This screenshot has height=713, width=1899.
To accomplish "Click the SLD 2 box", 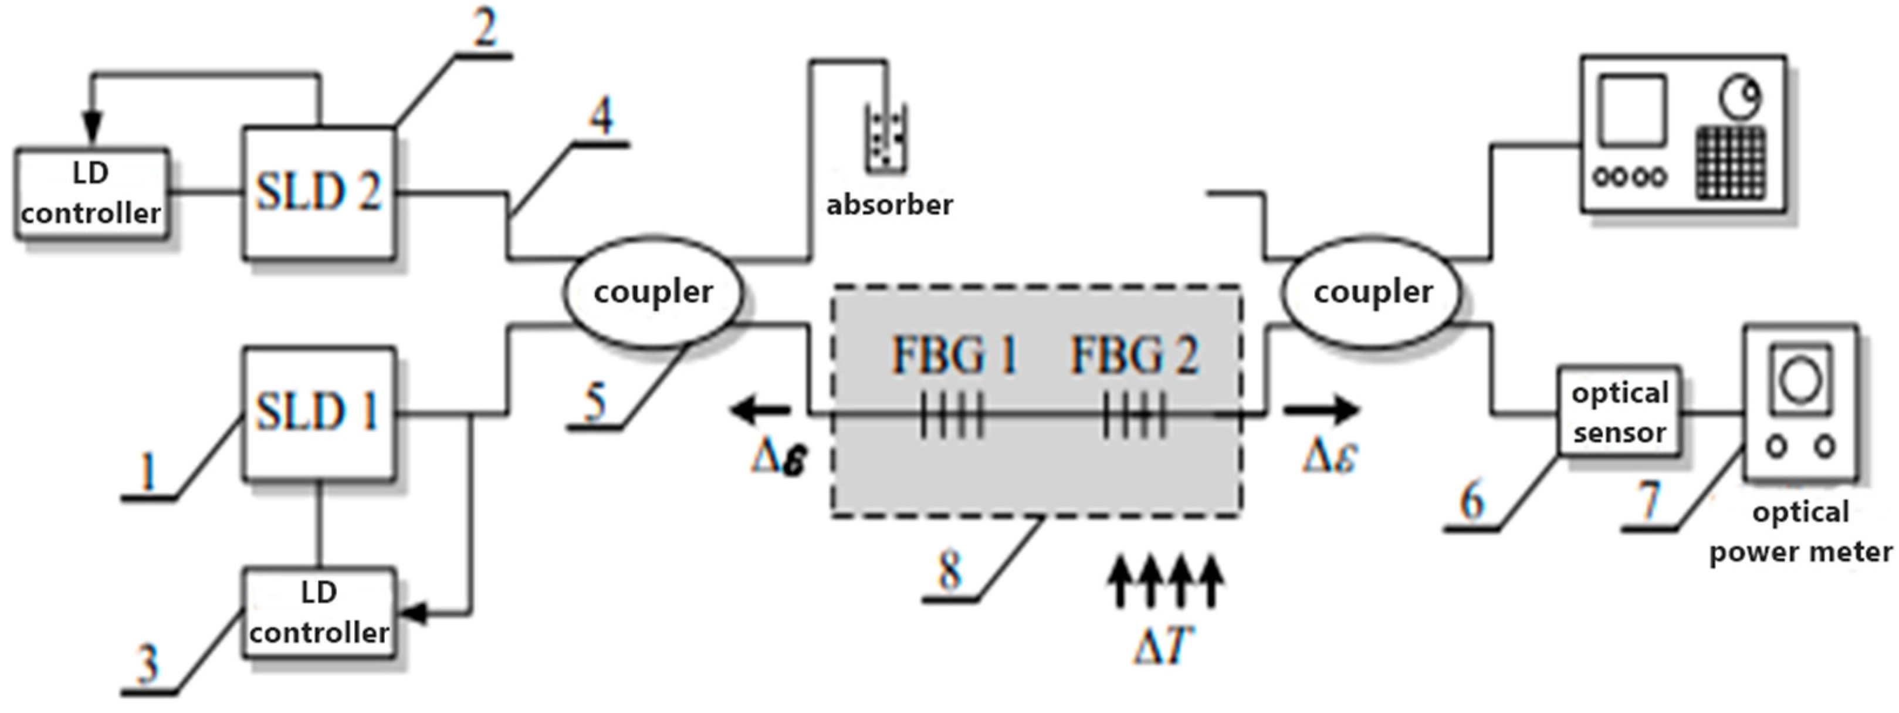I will [319, 193].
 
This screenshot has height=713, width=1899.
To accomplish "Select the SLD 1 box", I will [319, 413].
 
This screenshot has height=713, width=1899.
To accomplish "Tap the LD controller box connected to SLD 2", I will [91, 193].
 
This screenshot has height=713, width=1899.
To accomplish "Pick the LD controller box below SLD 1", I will [319, 612].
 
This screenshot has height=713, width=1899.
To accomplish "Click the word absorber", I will [889, 204].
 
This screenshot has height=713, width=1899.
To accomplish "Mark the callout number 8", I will [949, 570].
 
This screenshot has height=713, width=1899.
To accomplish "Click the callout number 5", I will [594, 402].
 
